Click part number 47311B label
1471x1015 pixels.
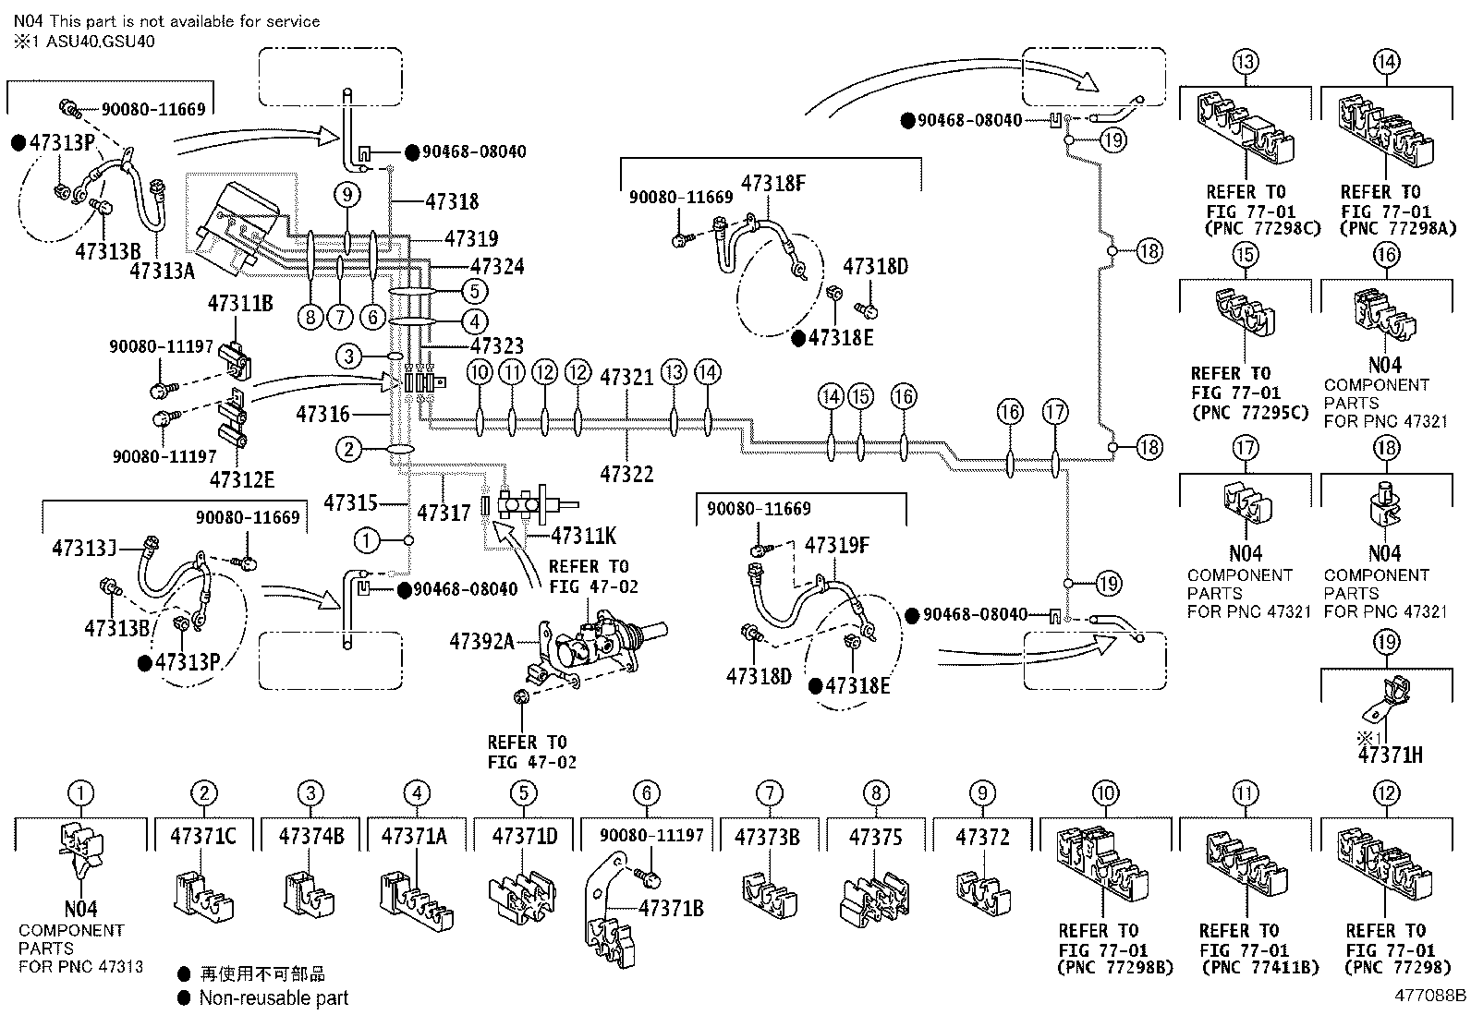tap(240, 302)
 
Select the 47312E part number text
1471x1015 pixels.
tap(242, 479)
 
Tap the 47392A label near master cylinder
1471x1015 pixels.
tap(481, 640)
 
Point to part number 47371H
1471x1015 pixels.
tap(1390, 755)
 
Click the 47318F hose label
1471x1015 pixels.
tap(773, 184)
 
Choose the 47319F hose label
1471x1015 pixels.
tap(837, 545)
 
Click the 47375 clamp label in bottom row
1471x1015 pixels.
tap(876, 837)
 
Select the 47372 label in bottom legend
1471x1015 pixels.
tap(982, 837)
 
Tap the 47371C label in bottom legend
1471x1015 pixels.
tap(203, 837)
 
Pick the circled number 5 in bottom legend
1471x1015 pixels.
tap(523, 793)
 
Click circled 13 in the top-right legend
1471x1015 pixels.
tap(1246, 62)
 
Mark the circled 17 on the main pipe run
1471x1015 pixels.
tap(1055, 412)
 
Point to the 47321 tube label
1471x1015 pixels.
tap(626, 378)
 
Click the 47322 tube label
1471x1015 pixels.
tap(626, 474)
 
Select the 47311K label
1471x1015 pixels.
tap(583, 535)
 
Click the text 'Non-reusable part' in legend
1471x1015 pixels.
tap(274, 997)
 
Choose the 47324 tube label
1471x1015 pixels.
tap(497, 267)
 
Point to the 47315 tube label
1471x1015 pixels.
tap(351, 503)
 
